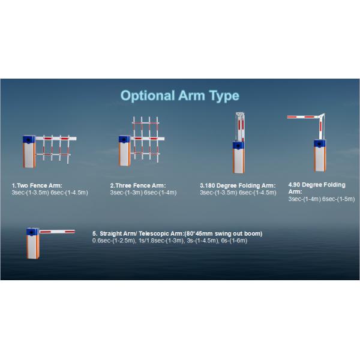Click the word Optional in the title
pos(148,96)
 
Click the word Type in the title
pos(224,96)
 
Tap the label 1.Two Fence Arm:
pos(37,185)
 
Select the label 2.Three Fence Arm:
pos(138,185)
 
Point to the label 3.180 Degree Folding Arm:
pos(238,185)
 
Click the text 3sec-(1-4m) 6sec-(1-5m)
pos(322,199)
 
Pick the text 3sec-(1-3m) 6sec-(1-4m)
pos(143,193)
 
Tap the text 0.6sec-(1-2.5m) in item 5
pos(114,241)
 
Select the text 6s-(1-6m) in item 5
pos(234,241)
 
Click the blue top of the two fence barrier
pos(29,140)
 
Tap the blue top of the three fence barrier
pos(124,139)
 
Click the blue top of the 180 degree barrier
pos(238,145)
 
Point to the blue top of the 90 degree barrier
pos(320,144)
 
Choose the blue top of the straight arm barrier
pos(32,232)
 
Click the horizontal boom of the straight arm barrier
pos(57,232)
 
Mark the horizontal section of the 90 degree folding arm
pos(303,117)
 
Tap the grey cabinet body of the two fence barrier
pos(29,155)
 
